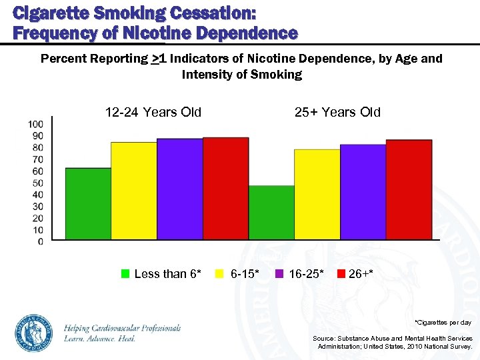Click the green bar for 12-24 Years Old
pyautogui.click(x=88, y=203)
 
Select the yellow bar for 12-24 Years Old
pyautogui.click(x=134, y=191)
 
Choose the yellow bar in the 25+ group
pyautogui.click(x=317, y=194)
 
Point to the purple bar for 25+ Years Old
pyautogui.click(x=363, y=192)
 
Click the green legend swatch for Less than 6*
pyautogui.click(x=125, y=274)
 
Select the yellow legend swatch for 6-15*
pyautogui.click(x=219, y=274)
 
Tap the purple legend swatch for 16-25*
pyautogui.click(x=279, y=274)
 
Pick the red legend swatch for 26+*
pyautogui.click(x=340, y=274)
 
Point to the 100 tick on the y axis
pyautogui.click(x=36, y=124)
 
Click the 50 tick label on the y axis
pyautogui.click(x=39, y=183)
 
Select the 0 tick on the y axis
pyautogui.click(x=41, y=241)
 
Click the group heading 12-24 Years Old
pyautogui.click(x=153, y=112)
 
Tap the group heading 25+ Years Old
pyautogui.click(x=337, y=112)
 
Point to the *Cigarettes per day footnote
pyautogui.click(x=443, y=322)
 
